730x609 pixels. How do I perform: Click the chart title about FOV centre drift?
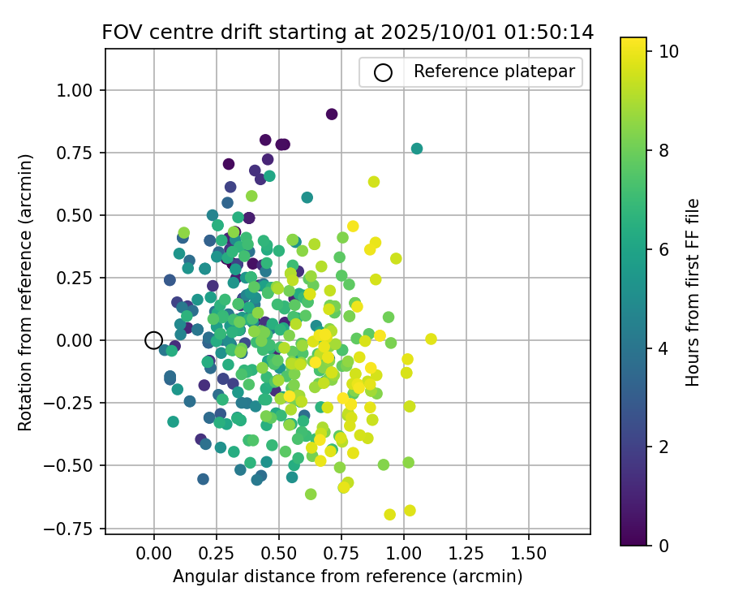pos(347,32)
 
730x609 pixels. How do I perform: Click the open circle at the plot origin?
pos(154,340)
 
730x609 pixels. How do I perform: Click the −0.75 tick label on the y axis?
pos(75,529)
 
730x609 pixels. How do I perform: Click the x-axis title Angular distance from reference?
pos(347,577)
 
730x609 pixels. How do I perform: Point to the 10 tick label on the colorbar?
pos(668,50)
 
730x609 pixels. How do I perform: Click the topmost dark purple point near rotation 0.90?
pos(332,114)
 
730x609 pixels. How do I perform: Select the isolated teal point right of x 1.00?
pos(417,149)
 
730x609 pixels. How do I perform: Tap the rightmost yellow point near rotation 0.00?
pos(431,339)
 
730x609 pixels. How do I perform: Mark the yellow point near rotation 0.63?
pos(374,182)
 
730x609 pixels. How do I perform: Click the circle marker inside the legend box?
pos(383,72)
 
